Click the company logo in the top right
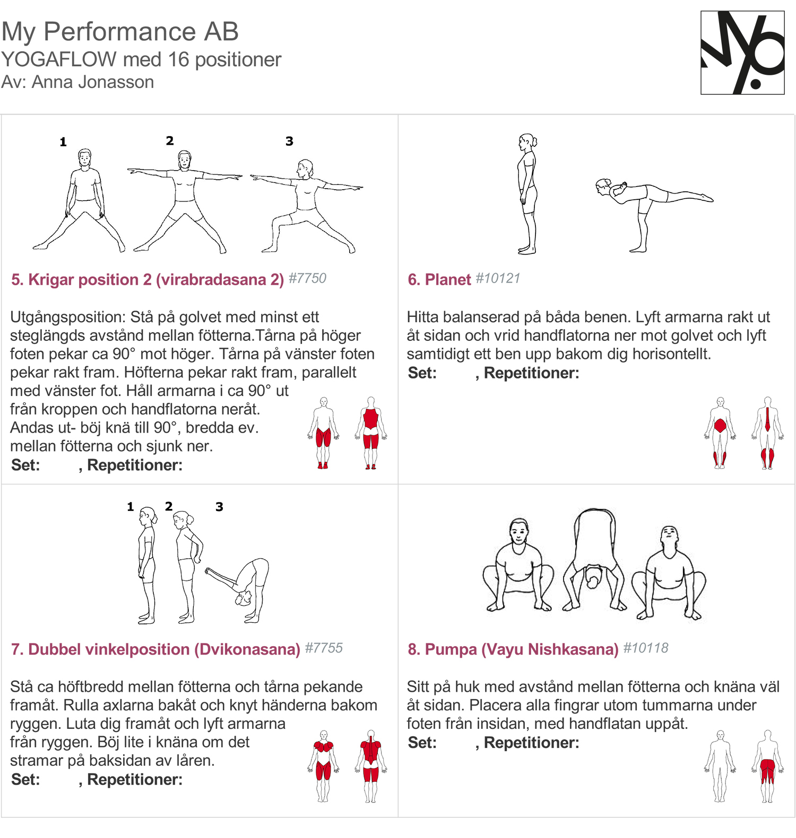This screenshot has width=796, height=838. [x=742, y=52]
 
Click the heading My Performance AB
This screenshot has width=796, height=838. [x=120, y=31]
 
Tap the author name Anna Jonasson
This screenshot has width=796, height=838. [x=93, y=82]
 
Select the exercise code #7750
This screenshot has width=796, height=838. [x=307, y=278]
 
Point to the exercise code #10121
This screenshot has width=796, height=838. [x=498, y=278]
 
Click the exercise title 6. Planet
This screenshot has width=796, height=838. [x=439, y=279]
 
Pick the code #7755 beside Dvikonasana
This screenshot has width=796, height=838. [x=324, y=648]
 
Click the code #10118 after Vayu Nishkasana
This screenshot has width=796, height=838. [x=645, y=648]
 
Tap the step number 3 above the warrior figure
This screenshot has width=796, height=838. [x=289, y=141]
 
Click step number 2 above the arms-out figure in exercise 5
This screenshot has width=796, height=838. [x=170, y=140]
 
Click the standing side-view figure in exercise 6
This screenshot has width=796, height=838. [x=527, y=194]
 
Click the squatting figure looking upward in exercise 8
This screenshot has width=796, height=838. [x=669, y=572]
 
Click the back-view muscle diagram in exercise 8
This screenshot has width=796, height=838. [x=767, y=766]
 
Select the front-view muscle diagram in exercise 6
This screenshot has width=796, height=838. [x=720, y=433]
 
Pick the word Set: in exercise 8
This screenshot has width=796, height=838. [x=422, y=743]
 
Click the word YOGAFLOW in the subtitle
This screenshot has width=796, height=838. [x=58, y=59]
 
